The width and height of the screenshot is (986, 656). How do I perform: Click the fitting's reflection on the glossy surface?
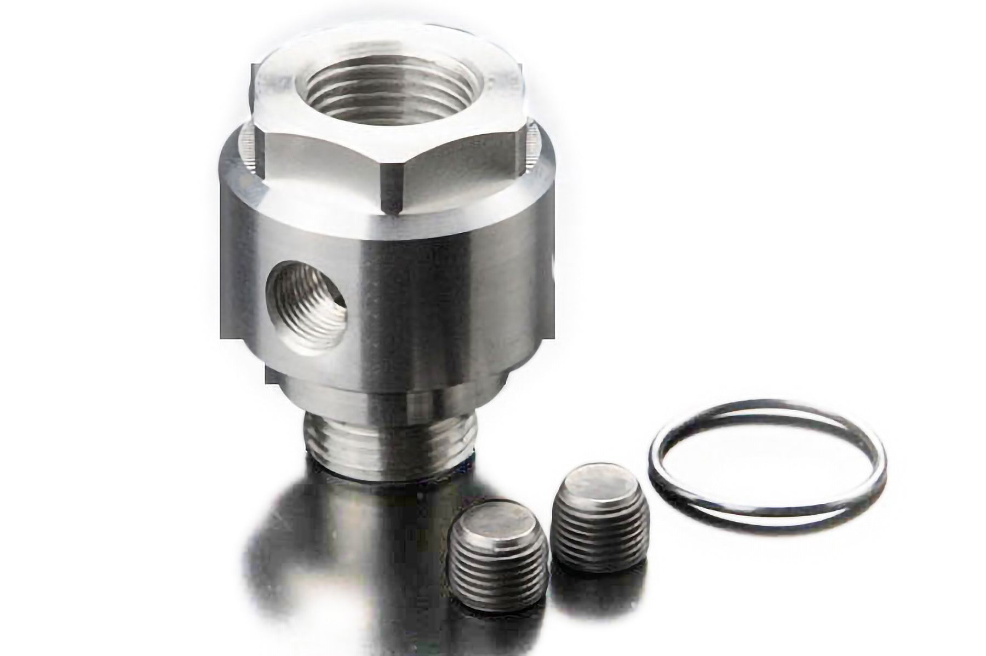click(351, 548)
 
